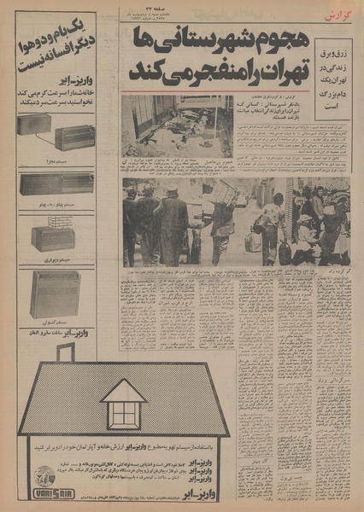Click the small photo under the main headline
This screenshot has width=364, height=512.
pos(176,125)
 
